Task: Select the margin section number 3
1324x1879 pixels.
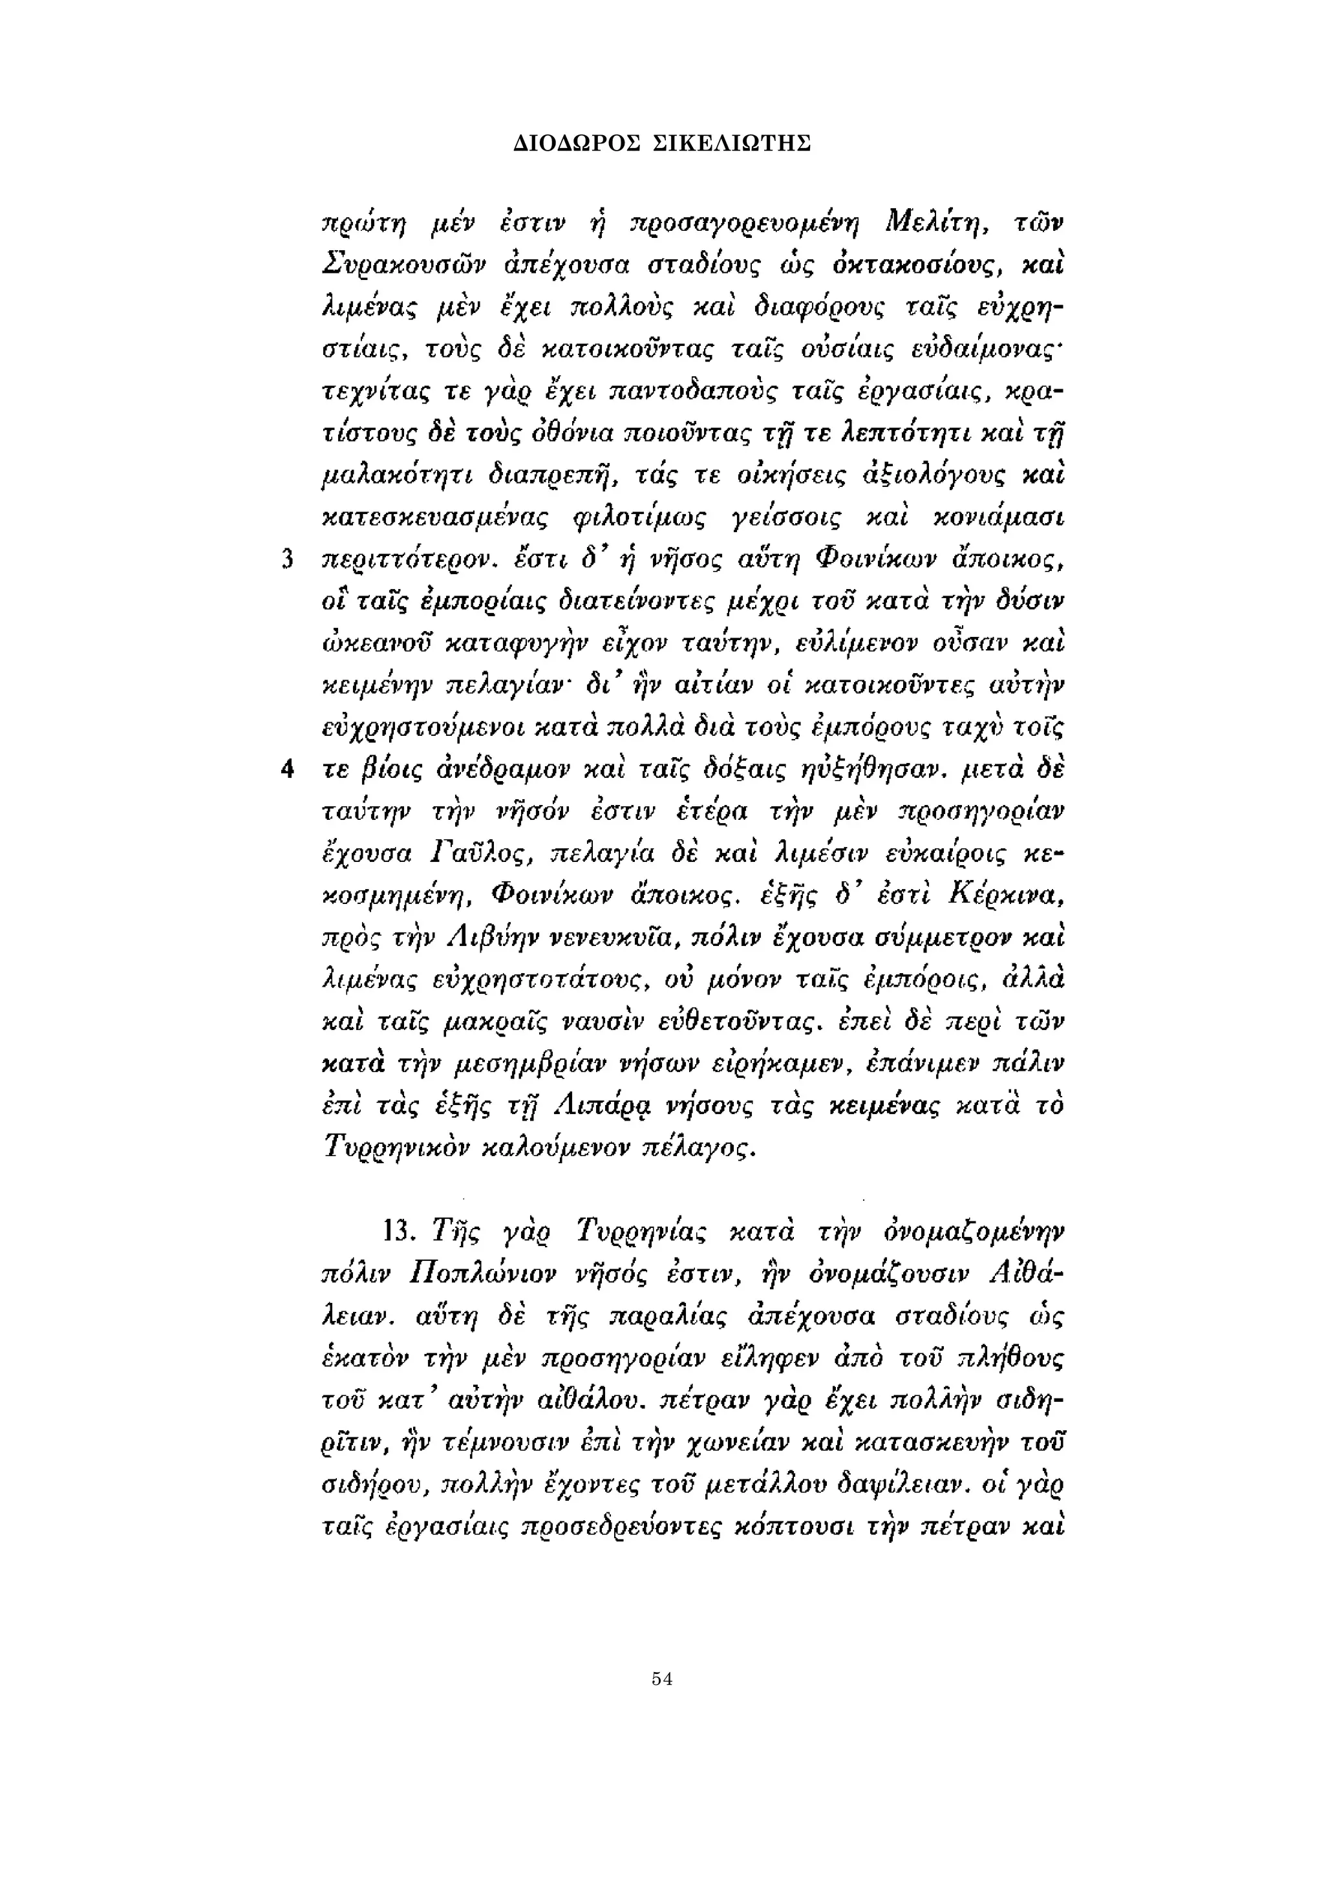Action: (286, 560)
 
